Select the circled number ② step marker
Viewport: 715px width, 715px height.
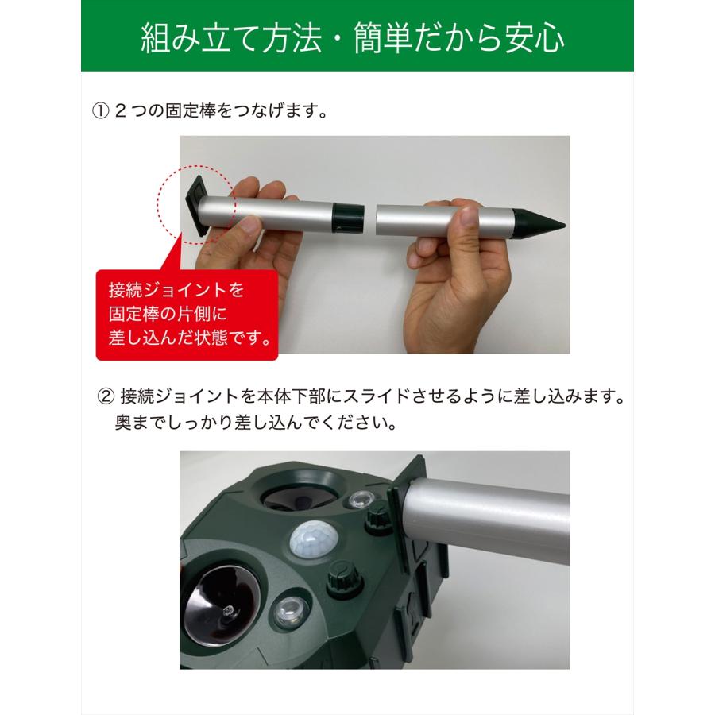pos(106,395)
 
